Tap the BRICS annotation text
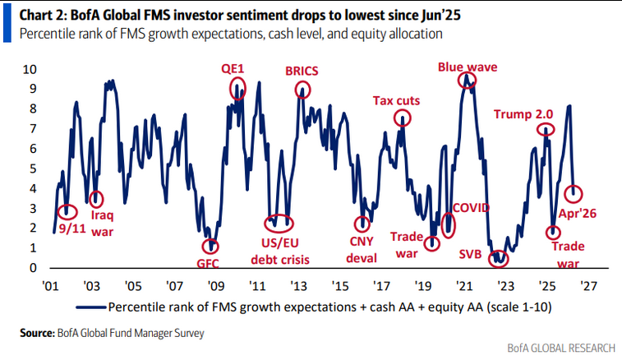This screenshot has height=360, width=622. [303, 72]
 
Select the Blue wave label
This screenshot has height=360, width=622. [466, 67]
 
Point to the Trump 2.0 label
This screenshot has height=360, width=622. [523, 114]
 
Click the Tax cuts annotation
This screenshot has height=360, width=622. [397, 101]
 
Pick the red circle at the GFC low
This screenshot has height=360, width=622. [213, 245]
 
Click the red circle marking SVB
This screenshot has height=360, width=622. [498, 258]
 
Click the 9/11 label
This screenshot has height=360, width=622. [72, 228]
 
